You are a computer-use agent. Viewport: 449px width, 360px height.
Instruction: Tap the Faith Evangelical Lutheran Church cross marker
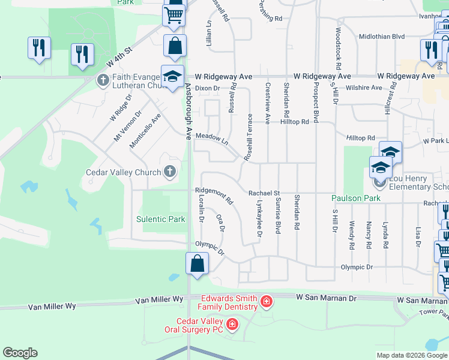pyautogui.click(x=103, y=79)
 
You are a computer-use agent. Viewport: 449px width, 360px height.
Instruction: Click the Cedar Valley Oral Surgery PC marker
pyautogui.click(x=232, y=325)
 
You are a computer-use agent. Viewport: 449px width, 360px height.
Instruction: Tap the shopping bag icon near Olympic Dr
pyautogui.click(x=197, y=265)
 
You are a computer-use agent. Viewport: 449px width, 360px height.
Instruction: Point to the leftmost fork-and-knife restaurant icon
pyautogui.click(x=39, y=48)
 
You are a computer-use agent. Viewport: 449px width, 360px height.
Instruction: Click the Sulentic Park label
pyautogui.click(x=161, y=220)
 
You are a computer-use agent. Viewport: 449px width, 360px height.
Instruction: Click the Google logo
pyautogui.click(x=20, y=353)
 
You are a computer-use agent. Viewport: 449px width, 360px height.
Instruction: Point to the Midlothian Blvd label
pyautogui.click(x=382, y=37)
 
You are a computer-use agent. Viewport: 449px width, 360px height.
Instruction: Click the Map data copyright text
pyautogui.click(x=411, y=355)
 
